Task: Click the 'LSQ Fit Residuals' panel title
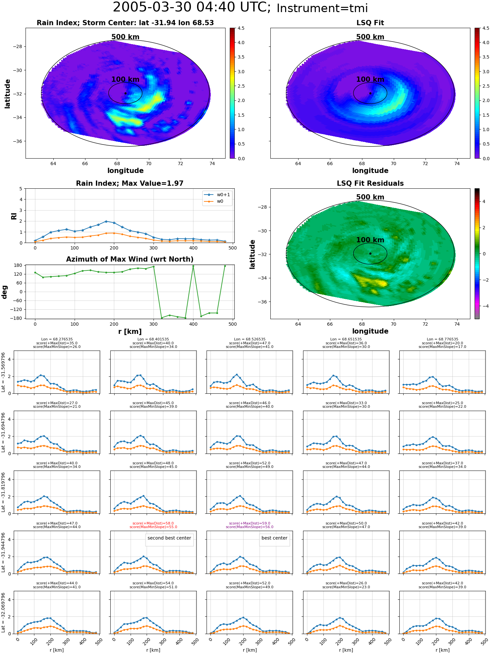click(370, 183)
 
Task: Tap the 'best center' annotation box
click(274, 538)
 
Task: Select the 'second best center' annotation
click(169, 538)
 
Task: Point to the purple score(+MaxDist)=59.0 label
click(250, 523)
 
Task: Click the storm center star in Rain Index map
click(125, 93)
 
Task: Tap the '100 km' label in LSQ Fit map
click(370, 79)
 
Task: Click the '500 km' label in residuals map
click(370, 197)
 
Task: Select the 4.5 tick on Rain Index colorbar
click(241, 28)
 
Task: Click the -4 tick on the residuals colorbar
click(484, 306)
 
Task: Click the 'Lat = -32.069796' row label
click(3, 612)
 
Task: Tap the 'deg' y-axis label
click(5, 292)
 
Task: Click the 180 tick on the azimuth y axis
click(19, 265)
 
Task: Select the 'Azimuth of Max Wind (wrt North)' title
click(130, 259)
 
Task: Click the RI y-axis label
click(14, 216)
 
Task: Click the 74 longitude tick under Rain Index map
click(212, 163)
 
